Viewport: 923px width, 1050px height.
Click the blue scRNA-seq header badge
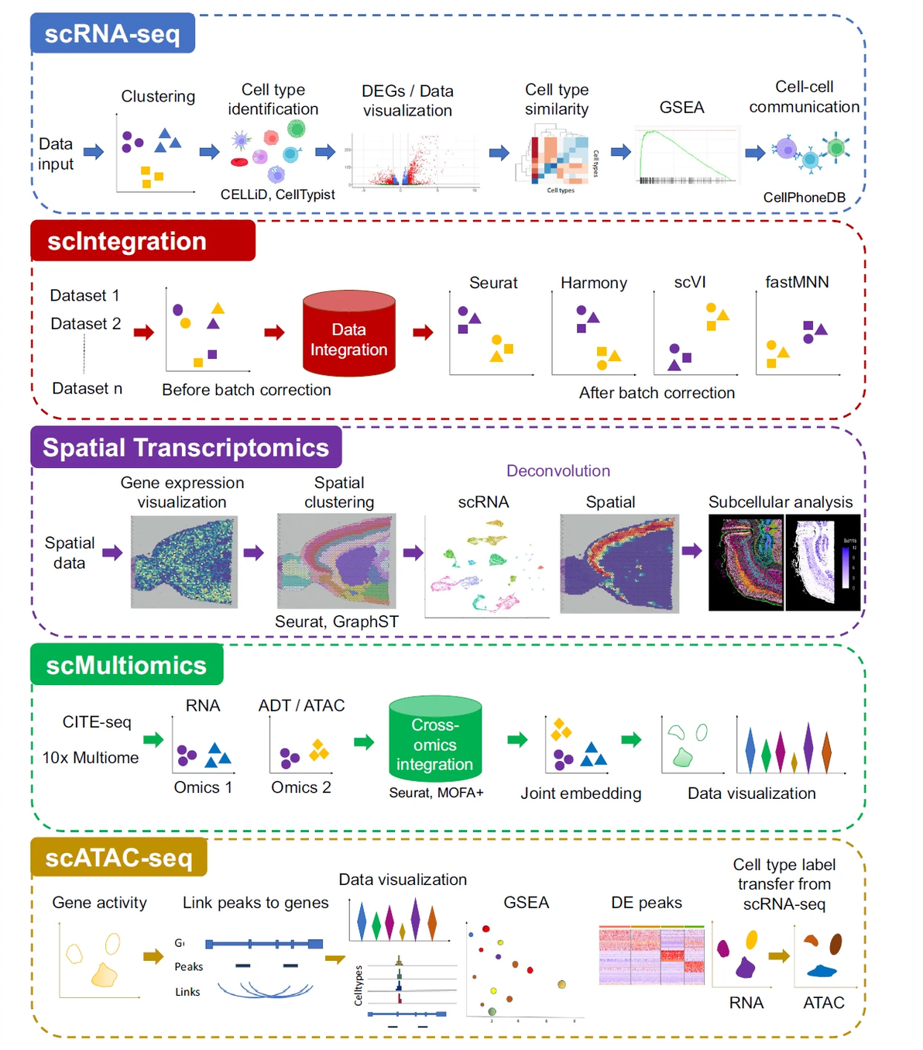pyautogui.click(x=112, y=33)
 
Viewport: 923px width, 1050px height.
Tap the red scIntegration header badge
pyautogui.click(x=142, y=241)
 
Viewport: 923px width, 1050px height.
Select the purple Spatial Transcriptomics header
pyautogui.click(x=186, y=447)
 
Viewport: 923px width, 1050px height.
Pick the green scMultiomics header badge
pyautogui.click(x=126, y=665)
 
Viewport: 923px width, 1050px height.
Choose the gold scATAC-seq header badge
pyautogui.click(x=118, y=857)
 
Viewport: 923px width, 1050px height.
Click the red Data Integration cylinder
pyautogui.click(x=348, y=335)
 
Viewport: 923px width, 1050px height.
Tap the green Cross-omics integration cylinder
pyautogui.click(x=434, y=739)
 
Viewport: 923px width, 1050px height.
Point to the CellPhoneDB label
pyautogui.click(x=804, y=198)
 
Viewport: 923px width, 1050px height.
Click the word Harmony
pyautogui.click(x=593, y=283)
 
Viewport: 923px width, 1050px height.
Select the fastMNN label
pyautogui.click(x=797, y=282)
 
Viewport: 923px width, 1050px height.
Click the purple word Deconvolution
pyautogui.click(x=558, y=470)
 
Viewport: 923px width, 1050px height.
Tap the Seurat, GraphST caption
pyautogui.click(x=336, y=621)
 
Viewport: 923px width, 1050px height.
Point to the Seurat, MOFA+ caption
pyautogui.click(x=436, y=793)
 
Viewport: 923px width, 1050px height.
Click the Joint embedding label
pyautogui.click(x=581, y=794)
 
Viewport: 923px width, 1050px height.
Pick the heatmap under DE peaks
pyautogui.click(x=651, y=955)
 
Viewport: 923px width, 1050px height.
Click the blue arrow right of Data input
pyautogui.click(x=94, y=152)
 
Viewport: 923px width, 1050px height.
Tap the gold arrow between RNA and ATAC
pyautogui.click(x=778, y=955)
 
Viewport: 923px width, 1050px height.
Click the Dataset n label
pyautogui.click(x=87, y=388)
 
